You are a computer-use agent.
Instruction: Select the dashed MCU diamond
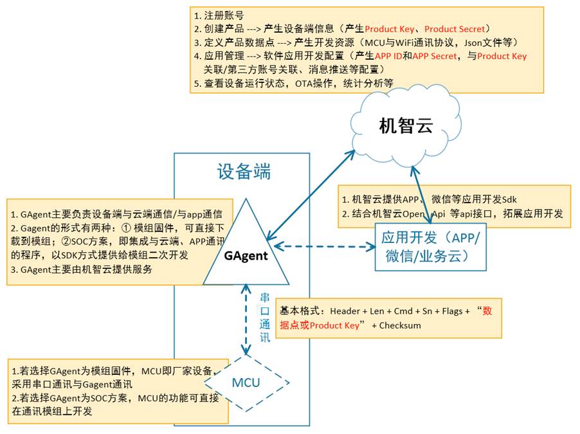pyautogui.click(x=246, y=383)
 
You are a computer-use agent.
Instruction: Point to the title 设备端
pyautogui.click(x=244, y=172)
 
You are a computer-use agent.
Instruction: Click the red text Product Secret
pyautogui.click(x=457, y=29)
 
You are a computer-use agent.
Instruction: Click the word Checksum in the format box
pyautogui.click(x=400, y=325)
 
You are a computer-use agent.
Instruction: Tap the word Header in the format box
pyautogui.click(x=345, y=311)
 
